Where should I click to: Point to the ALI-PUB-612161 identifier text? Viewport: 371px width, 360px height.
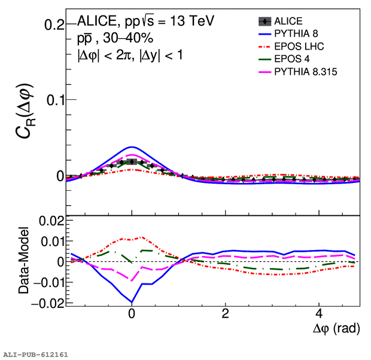[x=35, y=355]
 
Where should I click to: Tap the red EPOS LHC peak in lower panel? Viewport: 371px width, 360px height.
[x=141, y=237]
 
